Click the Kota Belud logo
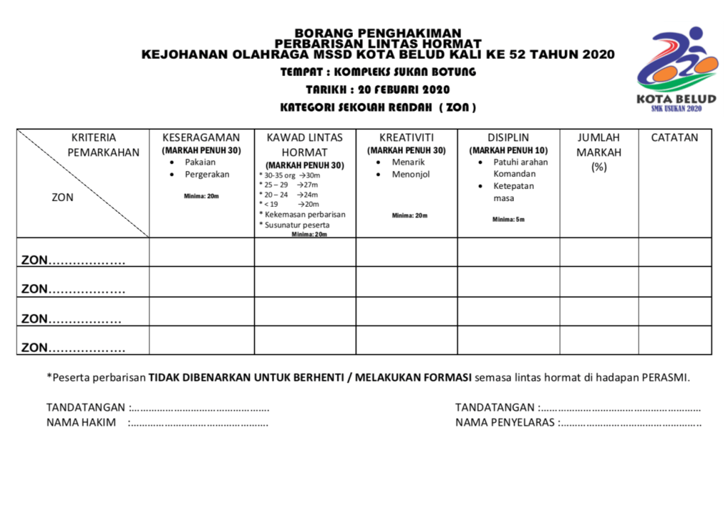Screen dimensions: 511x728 point(672,70)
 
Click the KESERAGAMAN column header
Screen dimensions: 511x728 point(201,138)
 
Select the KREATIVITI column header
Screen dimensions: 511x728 point(406,138)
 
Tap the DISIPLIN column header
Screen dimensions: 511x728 point(508,138)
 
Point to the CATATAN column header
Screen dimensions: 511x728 point(674,138)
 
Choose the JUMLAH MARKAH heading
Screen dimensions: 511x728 point(598,145)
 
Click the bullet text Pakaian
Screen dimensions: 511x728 point(200,162)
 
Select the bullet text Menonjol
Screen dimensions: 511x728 point(411,174)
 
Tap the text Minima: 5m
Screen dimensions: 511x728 point(508,219)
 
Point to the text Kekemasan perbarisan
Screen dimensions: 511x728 point(305,214)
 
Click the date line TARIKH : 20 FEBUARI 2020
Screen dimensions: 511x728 point(378,90)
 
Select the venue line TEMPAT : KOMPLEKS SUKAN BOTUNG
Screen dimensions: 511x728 point(378,72)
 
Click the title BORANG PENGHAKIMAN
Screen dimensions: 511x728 point(378,33)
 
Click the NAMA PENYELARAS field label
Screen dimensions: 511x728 point(506,423)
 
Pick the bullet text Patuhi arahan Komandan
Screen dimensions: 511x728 point(520,168)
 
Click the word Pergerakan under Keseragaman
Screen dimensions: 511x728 point(207,174)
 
